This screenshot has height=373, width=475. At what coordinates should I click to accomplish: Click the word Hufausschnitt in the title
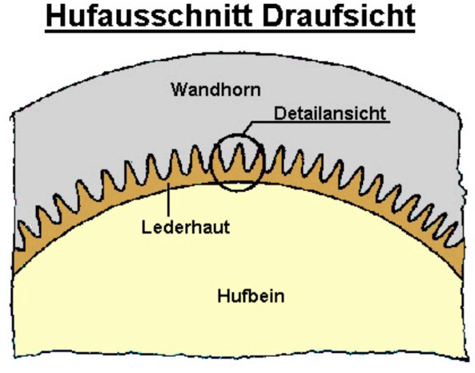(x=149, y=16)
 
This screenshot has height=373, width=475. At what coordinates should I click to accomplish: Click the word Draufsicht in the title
(x=339, y=16)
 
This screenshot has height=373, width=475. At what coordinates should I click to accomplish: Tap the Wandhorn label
(x=215, y=90)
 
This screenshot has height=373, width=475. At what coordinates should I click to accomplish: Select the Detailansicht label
(x=330, y=113)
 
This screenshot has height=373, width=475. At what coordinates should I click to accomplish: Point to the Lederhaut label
(x=186, y=227)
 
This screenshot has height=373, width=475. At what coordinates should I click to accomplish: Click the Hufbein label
(x=251, y=296)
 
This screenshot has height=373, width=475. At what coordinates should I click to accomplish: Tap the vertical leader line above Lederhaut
(x=168, y=201)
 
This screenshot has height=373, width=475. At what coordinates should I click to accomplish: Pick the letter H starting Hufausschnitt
(x=55, y=16)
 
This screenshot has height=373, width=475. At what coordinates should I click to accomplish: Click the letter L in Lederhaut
(x=147, y=227)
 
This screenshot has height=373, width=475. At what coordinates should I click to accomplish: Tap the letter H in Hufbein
(x=223, y=296)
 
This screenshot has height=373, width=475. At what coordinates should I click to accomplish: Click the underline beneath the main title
(x=230, y=30)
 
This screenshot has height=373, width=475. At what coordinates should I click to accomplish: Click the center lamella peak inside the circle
(x=240, y=144)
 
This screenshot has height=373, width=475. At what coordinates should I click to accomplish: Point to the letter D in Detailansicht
(x=279, y=113)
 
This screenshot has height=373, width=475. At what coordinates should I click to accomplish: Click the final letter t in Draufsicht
(x=410, y=17)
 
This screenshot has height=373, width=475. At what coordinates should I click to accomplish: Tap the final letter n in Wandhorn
(x=256, y=91)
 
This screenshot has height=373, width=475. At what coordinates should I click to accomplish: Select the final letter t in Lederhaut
(x=227, y=228)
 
